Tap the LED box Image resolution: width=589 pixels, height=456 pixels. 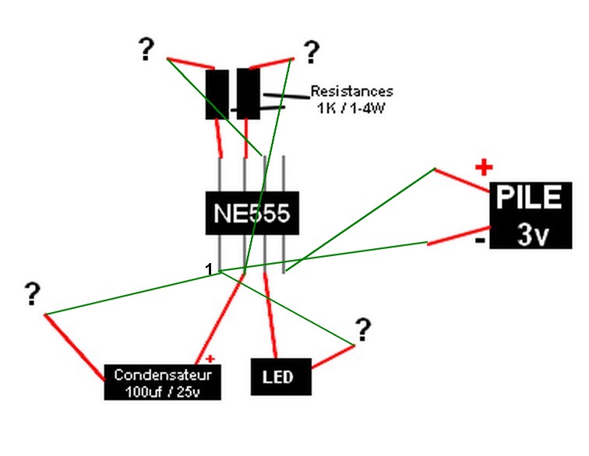pos(280,377)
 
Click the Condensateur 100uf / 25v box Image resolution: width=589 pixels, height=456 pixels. pos(163,382)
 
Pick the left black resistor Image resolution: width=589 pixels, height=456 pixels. pos(217,94)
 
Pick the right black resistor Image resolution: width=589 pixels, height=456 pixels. pos(248,94)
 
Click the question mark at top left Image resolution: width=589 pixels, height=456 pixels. pos(146,50)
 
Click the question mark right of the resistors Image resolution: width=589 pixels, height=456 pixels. pos(311,52)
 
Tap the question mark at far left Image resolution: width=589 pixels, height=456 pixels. pos(32,294)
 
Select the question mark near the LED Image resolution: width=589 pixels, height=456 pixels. pos(362,331)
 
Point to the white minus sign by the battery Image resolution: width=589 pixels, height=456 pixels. pos(481,240)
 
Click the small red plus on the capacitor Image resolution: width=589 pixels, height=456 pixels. pos(210,358)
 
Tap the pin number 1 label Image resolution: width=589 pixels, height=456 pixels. pos(208,269)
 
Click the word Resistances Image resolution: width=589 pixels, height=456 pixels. pos(351,91)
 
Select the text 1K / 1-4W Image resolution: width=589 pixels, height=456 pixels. pos(351,107)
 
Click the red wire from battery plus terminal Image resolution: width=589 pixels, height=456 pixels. pos(461,180)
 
